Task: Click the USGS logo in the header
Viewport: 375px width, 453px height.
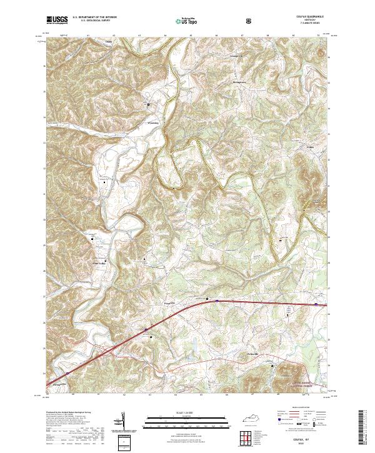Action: coord(57,20)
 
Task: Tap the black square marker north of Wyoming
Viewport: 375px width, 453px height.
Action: coord(148,104)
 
